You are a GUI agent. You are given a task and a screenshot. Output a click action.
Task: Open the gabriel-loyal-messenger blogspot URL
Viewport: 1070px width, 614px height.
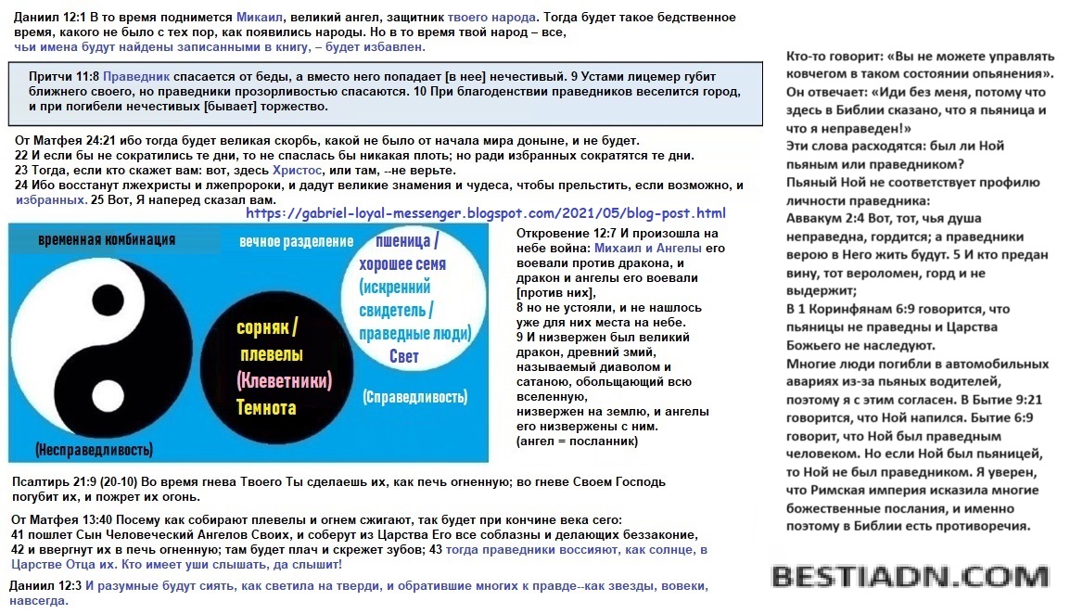coord(486,213)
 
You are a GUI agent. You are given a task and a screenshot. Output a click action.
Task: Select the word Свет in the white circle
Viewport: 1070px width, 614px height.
coord(403,356)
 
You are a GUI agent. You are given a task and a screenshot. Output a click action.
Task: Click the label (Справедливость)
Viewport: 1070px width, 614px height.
coord(414,397)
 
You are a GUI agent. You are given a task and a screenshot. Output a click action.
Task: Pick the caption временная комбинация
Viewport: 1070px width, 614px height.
coord(107,239)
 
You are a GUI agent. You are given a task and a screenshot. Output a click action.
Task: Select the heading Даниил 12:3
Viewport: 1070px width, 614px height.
coord(45,585)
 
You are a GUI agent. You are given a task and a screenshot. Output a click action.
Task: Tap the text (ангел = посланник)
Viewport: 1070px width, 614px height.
coord(577,441)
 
